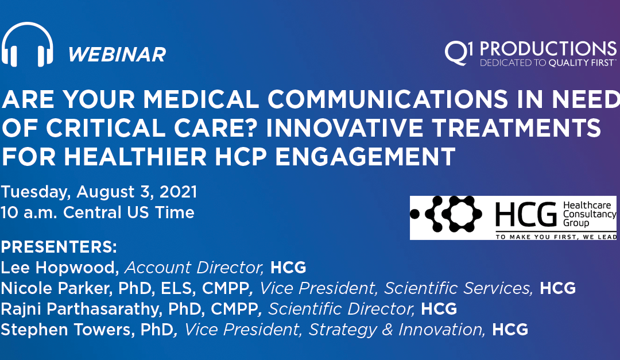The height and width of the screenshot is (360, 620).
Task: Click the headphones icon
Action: (28, 45)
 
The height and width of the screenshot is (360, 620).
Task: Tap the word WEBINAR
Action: (117, 55)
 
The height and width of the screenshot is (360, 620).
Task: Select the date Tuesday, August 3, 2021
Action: (99, 191)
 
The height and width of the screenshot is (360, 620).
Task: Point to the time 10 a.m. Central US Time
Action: (98, 212)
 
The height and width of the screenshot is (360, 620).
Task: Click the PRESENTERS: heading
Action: (59, 248)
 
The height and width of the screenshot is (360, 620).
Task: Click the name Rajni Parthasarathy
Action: (82, 309)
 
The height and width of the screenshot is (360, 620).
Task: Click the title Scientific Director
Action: (342, 309)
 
